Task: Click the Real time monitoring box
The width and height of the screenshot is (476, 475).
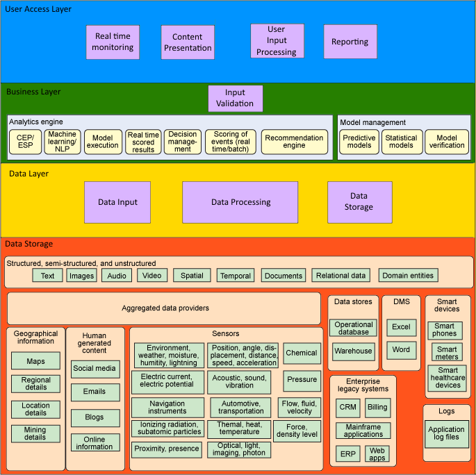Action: [113, 42]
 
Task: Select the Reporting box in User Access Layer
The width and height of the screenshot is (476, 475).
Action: [350, 42]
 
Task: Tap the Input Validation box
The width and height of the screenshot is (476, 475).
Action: [236, 99]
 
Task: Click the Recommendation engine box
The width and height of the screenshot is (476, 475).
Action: [294, 142]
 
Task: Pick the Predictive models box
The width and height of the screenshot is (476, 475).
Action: [360, 142]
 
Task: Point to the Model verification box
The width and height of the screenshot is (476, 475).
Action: [447, 142]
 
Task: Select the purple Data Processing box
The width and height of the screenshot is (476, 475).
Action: [240, 202]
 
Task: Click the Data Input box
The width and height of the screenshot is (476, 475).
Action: [117, 202]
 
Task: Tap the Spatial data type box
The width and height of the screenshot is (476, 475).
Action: [192, 276]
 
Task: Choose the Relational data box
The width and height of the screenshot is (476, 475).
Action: [340, 276]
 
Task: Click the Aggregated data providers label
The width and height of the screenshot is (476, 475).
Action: [165, 308]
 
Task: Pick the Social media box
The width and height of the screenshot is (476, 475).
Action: [95, 369]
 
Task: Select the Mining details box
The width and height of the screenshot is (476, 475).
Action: [35, 433]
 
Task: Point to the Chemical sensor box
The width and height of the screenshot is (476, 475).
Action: [302, 353]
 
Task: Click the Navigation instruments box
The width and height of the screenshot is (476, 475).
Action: [167, 407]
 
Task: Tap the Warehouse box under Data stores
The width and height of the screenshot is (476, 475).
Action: [353, 351]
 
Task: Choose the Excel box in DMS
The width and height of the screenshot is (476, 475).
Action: [401, 327]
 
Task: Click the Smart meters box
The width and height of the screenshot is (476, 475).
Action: [447, 353]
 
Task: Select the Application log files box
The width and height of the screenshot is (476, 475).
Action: [446, 433]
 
